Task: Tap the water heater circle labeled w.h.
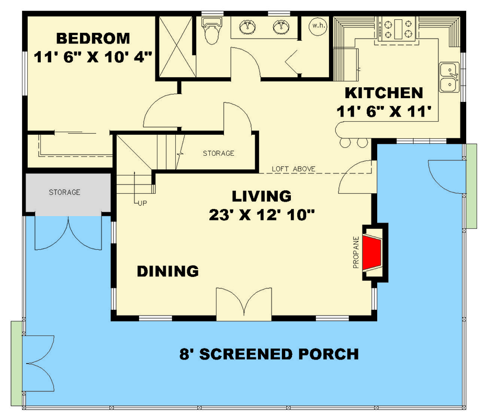317,26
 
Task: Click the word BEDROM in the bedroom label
93,39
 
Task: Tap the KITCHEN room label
383,93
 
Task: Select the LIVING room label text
262,196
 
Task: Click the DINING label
167,271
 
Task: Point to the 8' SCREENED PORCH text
269,354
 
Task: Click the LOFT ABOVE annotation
293,169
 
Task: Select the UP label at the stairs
142,203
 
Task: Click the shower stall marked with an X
176,47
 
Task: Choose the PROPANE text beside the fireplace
356,252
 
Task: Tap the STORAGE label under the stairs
218,153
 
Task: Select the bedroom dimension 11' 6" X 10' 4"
93,56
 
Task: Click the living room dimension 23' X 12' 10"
262,214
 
